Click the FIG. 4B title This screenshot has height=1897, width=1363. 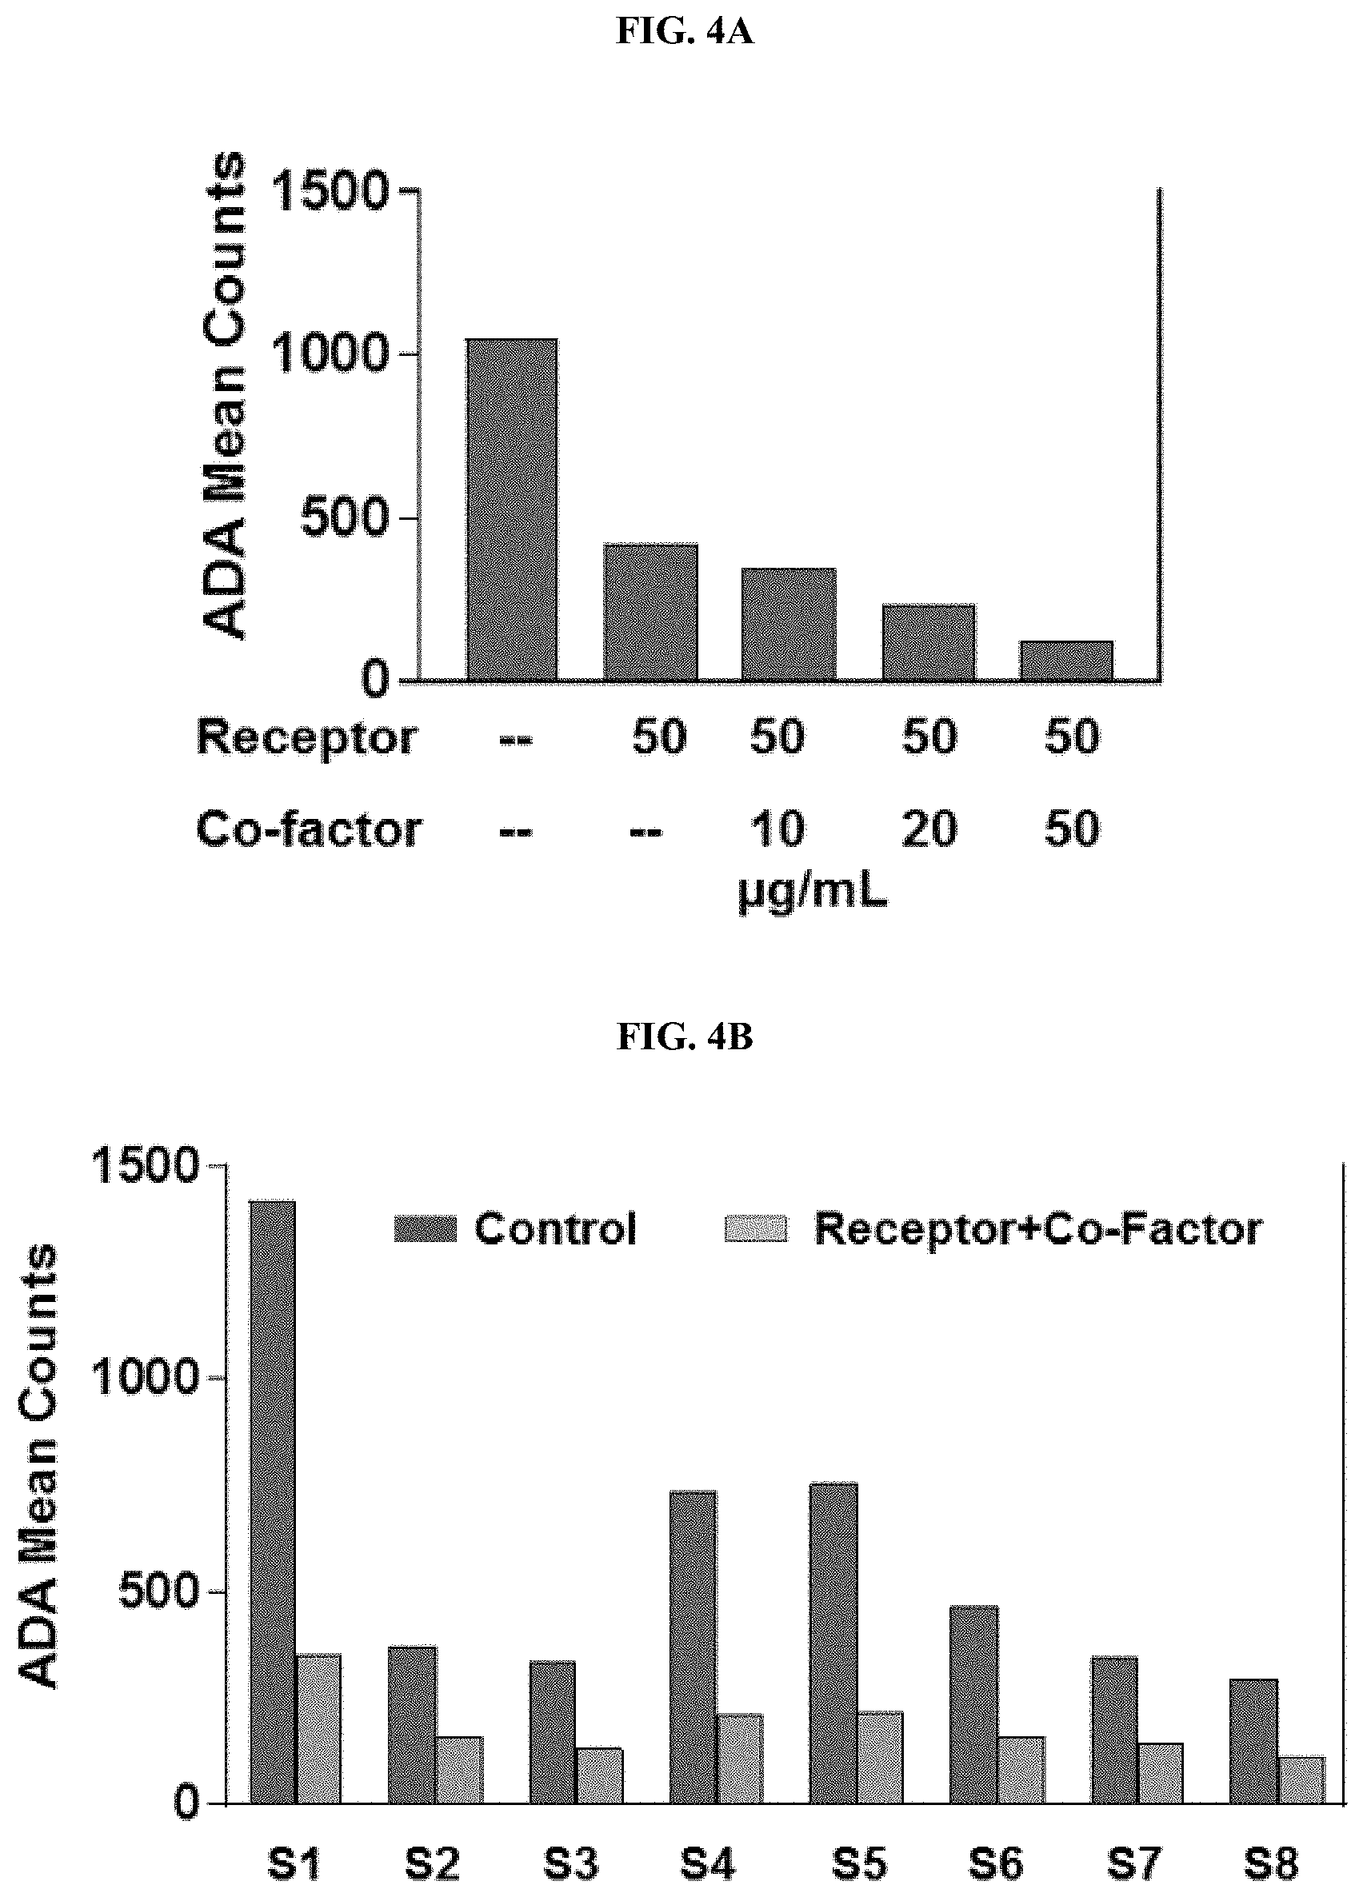685,1036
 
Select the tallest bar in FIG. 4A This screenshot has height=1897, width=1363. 511,509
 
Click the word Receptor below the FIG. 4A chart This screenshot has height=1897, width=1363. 306,737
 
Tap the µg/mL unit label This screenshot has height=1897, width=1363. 813,893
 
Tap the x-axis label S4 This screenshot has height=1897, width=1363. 707,1864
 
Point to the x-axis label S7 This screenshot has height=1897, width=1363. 1133,1864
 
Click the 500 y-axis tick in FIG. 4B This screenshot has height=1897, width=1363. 158,1593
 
